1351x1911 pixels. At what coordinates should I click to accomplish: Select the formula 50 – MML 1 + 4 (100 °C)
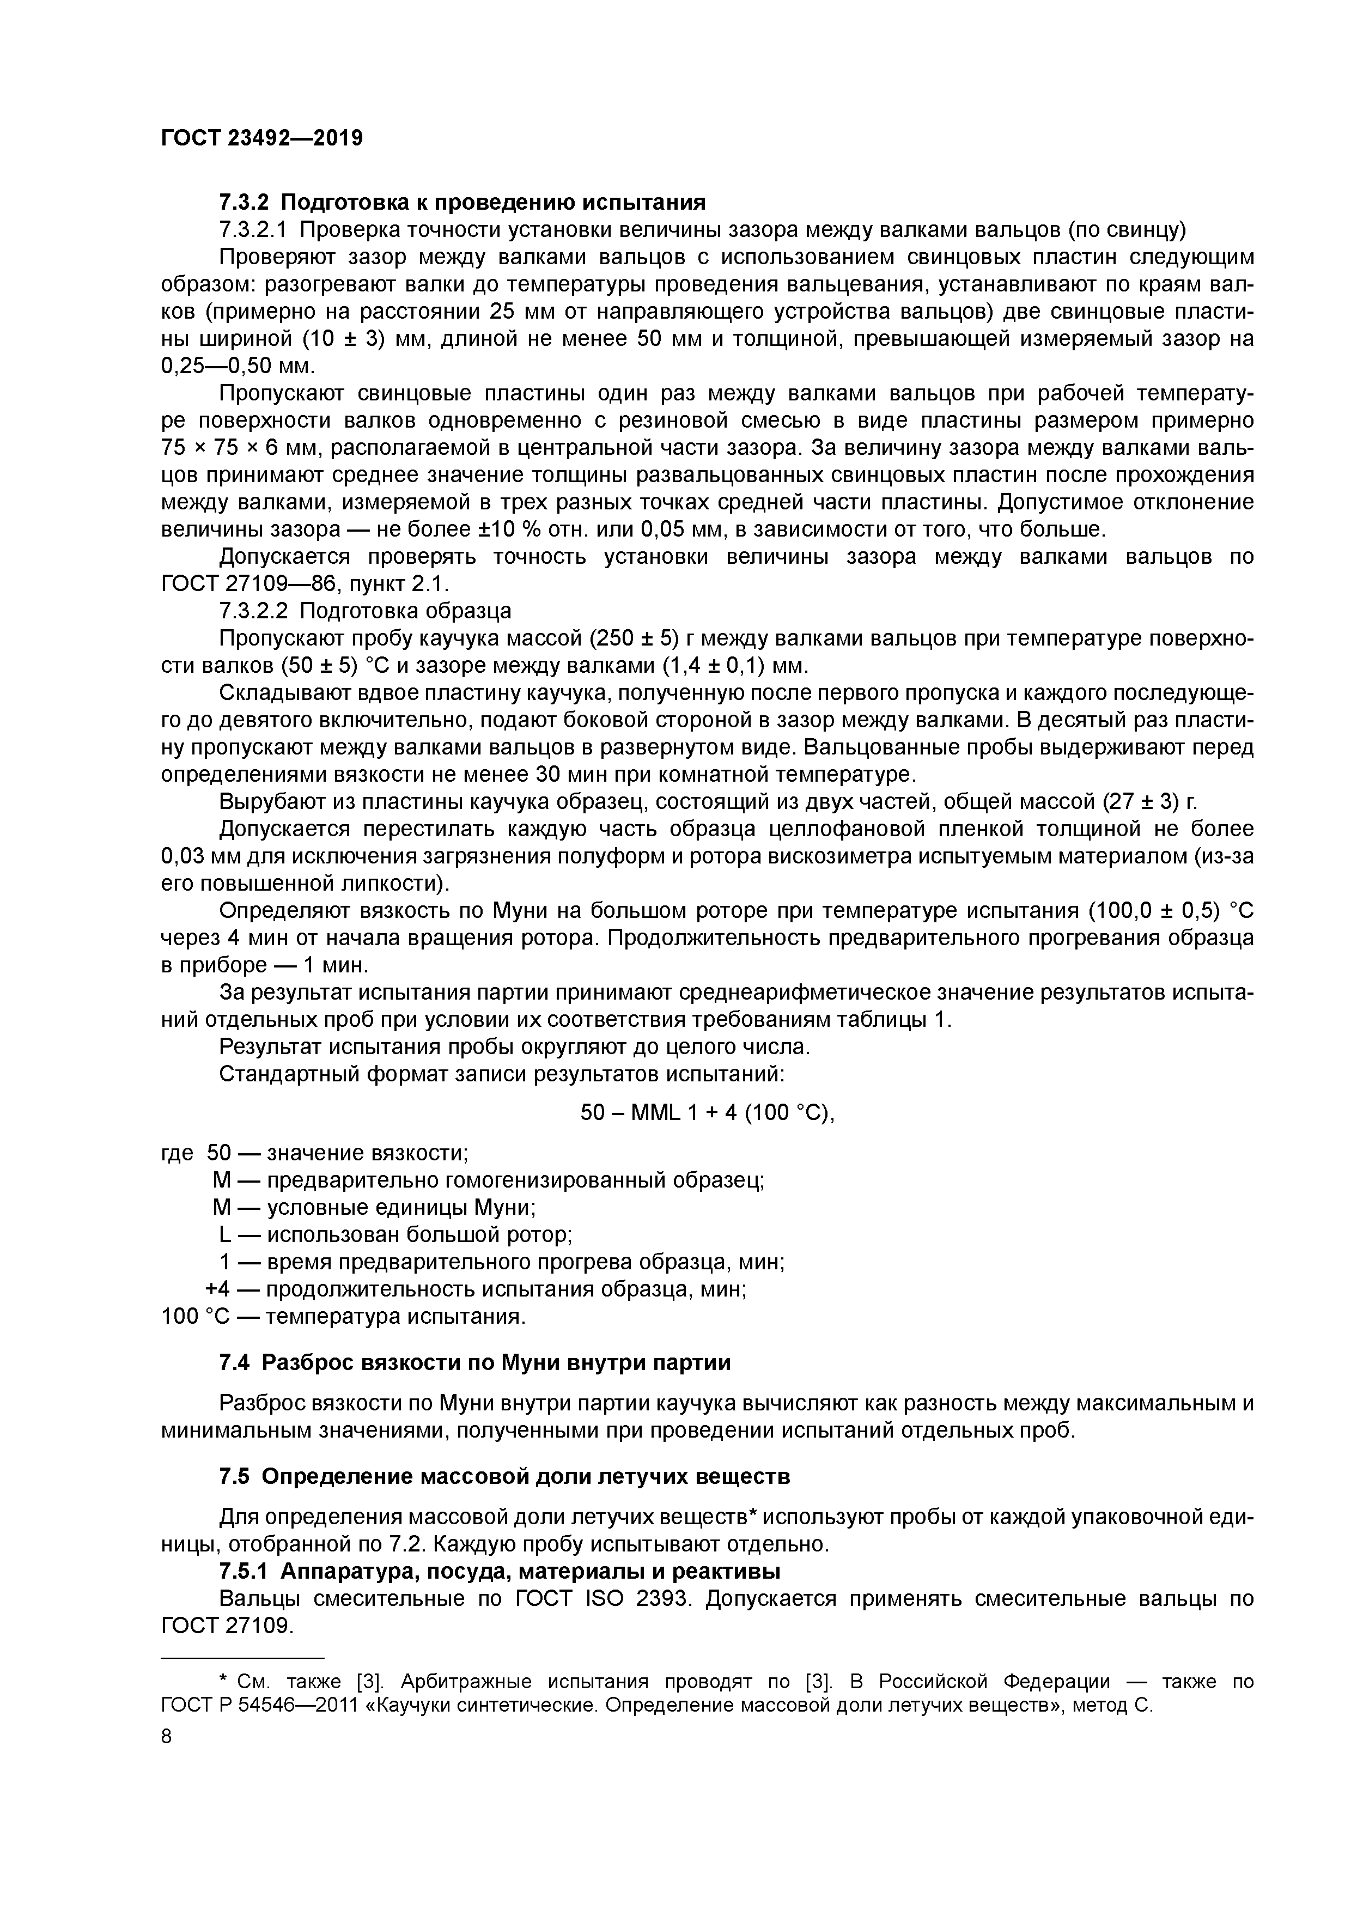point(707,1113)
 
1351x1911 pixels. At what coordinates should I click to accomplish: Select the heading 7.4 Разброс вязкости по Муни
point(474,1362)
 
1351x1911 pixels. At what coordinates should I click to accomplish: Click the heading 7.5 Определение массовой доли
point(503,1476)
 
